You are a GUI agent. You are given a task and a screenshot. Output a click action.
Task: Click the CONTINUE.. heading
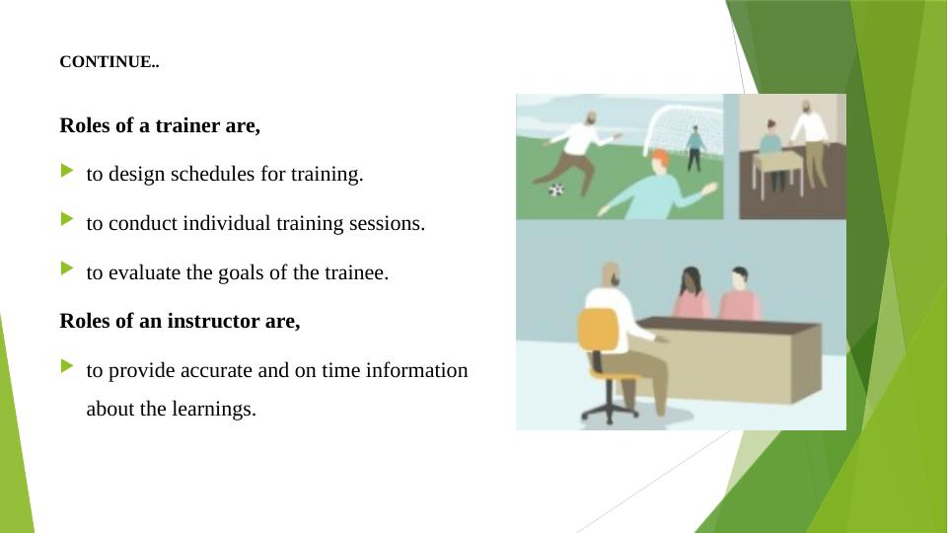click(x=109, y=62)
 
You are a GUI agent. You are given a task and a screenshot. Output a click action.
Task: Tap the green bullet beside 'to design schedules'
click(x=67, y=171)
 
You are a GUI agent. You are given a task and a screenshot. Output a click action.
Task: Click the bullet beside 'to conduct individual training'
click(x=67, y=219)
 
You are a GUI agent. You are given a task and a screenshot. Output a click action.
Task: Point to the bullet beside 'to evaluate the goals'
click(x=67, y=268)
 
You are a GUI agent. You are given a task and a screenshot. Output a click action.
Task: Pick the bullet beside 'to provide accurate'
click(x=67, y=366)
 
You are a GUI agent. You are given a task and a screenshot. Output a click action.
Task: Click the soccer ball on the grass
click(x=556, y=190)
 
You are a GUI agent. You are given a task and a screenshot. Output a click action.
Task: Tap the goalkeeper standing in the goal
click(x=694, y=149)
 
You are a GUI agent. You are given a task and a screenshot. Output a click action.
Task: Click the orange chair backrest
click(x=599, y=331)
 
